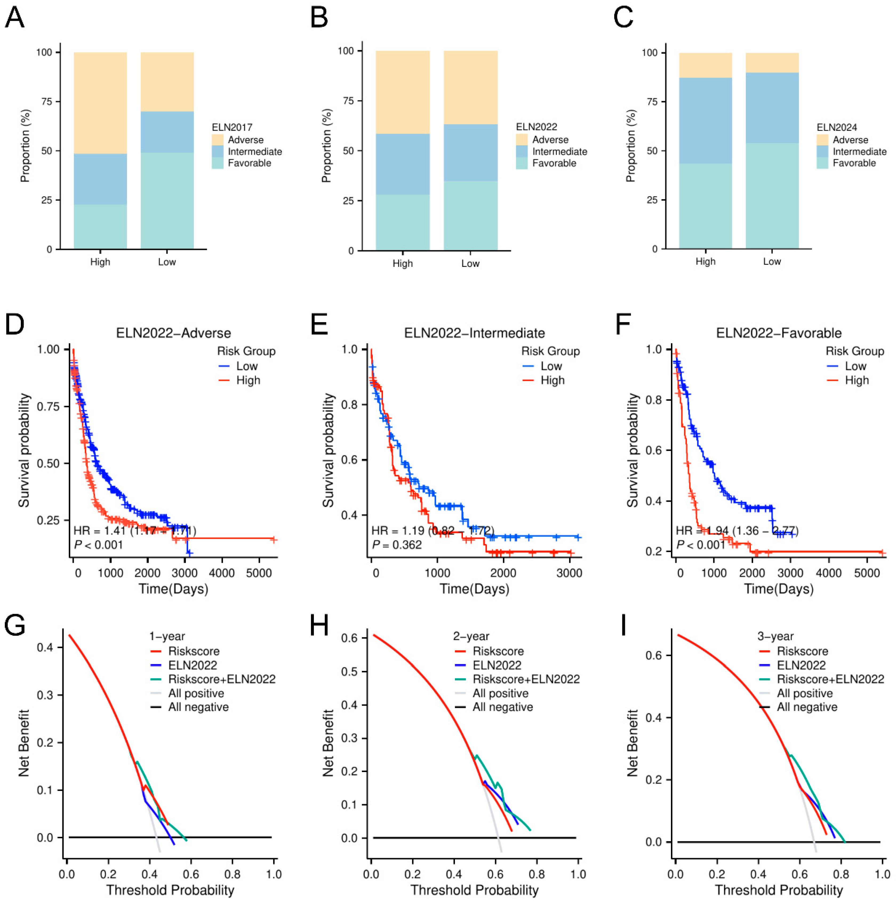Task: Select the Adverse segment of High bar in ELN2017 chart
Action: [100, 103]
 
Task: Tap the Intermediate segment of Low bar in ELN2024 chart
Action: [772, 108]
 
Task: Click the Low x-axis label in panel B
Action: [470, 263]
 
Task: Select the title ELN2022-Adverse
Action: [173, 333]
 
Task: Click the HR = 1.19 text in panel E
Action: [398, 531]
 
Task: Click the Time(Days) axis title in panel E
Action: [474, 589]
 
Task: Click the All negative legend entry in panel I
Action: [807, 707]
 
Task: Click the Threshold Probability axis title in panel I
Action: [778, 890]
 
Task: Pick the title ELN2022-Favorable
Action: [778, 333]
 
